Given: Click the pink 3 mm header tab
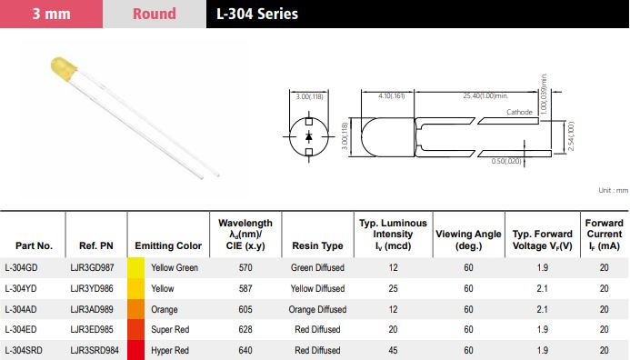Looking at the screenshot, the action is point(52,14).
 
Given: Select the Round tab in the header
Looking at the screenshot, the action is point(155,14).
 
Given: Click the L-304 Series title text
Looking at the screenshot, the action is point(257,14).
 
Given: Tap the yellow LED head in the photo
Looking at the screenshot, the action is point(64,67).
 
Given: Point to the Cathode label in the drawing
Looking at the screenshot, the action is point(519,112).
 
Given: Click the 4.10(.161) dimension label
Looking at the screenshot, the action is point(391,95).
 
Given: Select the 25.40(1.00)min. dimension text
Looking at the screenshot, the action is point(485,95).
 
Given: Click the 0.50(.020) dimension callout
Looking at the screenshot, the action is point(505,161).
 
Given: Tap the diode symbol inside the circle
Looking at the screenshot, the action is point(308,136).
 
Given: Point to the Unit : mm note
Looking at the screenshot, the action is point(613,190).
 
